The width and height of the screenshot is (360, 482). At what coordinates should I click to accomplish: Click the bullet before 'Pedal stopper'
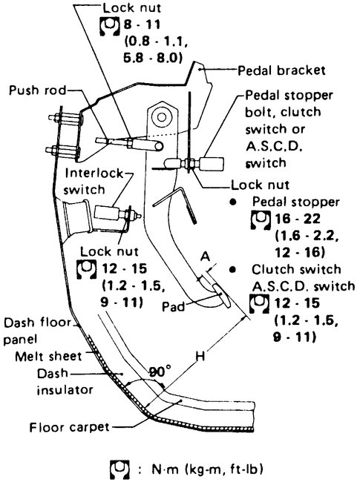tap(233, 201)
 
